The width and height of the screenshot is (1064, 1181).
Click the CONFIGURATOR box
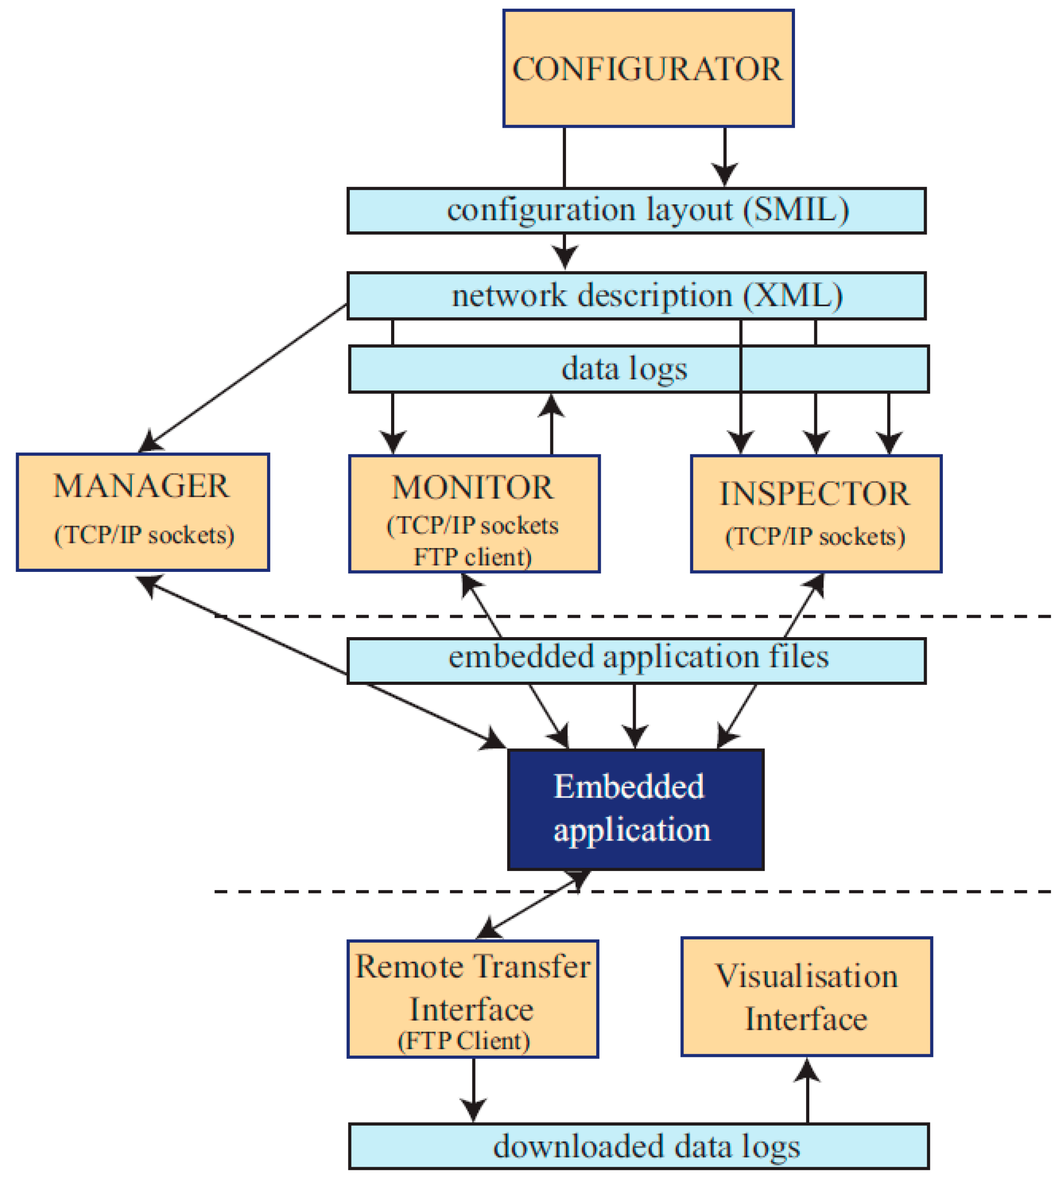tap(648, 68)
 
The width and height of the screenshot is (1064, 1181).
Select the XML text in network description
tap(793, 295)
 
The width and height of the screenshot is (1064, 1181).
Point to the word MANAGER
tap(141, 486)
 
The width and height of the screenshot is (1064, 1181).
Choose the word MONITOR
tap(472, 488)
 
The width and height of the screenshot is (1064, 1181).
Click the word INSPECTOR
tap(814, 494)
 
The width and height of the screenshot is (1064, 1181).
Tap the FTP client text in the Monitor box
tap(472, 557)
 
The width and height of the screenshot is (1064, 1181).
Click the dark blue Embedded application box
tap(635, 809)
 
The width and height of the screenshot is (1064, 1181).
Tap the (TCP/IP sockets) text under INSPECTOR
tap(815, 537)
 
